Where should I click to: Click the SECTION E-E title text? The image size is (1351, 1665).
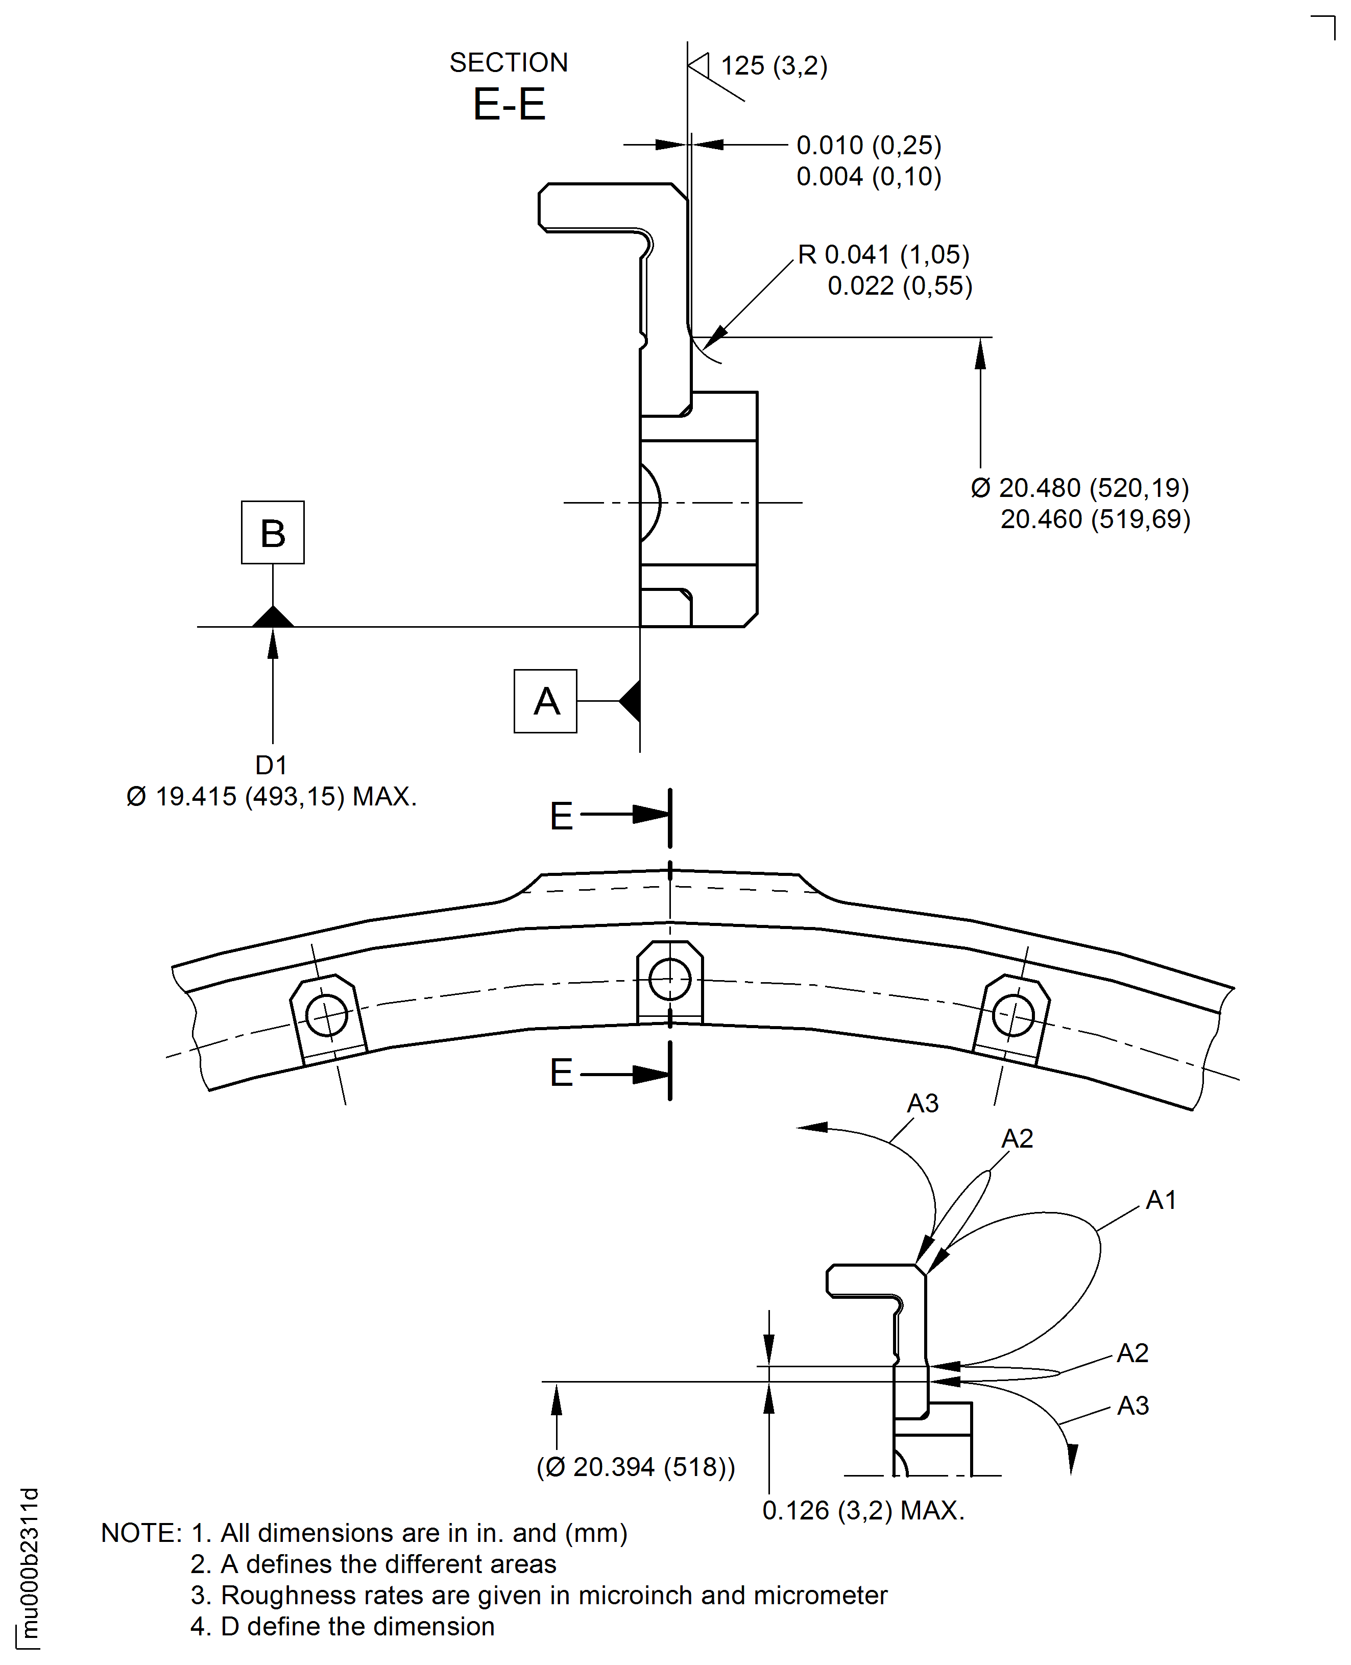click(509, 86)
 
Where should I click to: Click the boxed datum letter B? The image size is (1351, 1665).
click(272, 533)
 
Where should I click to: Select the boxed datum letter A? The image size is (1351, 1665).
click(545, 701)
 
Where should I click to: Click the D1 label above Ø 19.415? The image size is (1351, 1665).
click(271, 765)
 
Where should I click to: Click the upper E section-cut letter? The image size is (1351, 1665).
click(561, 817)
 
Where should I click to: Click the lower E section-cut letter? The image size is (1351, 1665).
click(561, 1073)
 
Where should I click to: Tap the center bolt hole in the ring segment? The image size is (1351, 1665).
click(670, 979)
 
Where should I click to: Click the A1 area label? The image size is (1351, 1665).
click(1161, 1200)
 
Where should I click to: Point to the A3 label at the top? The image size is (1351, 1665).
click(923, 1103)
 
